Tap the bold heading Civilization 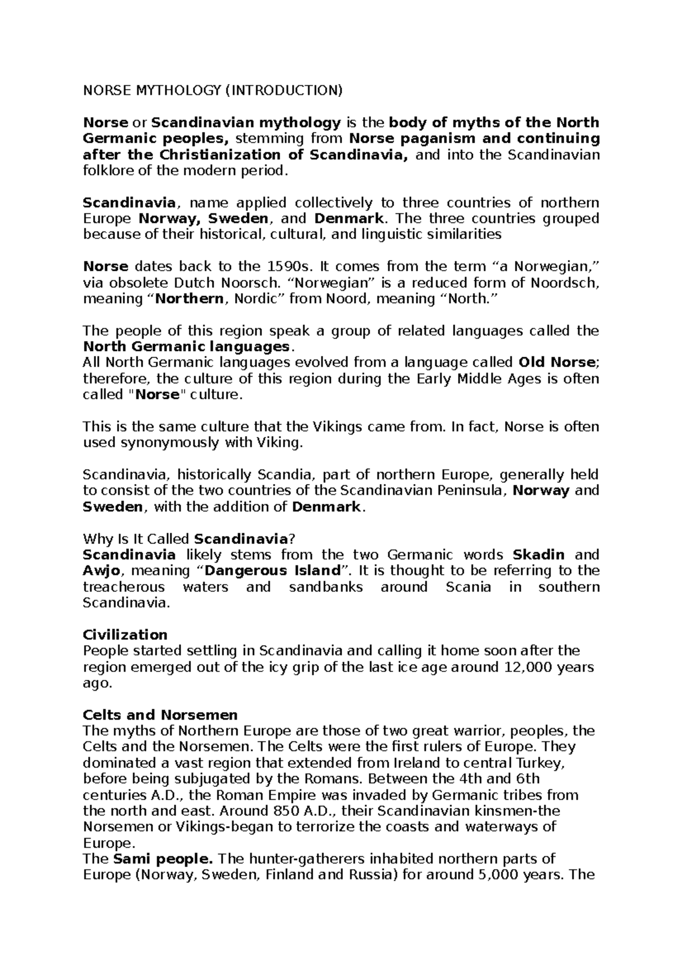(x=125, y=634)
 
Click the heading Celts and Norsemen (x=160, y=715)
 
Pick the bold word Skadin (x=539, y=555)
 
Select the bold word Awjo (x=100, y=571)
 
